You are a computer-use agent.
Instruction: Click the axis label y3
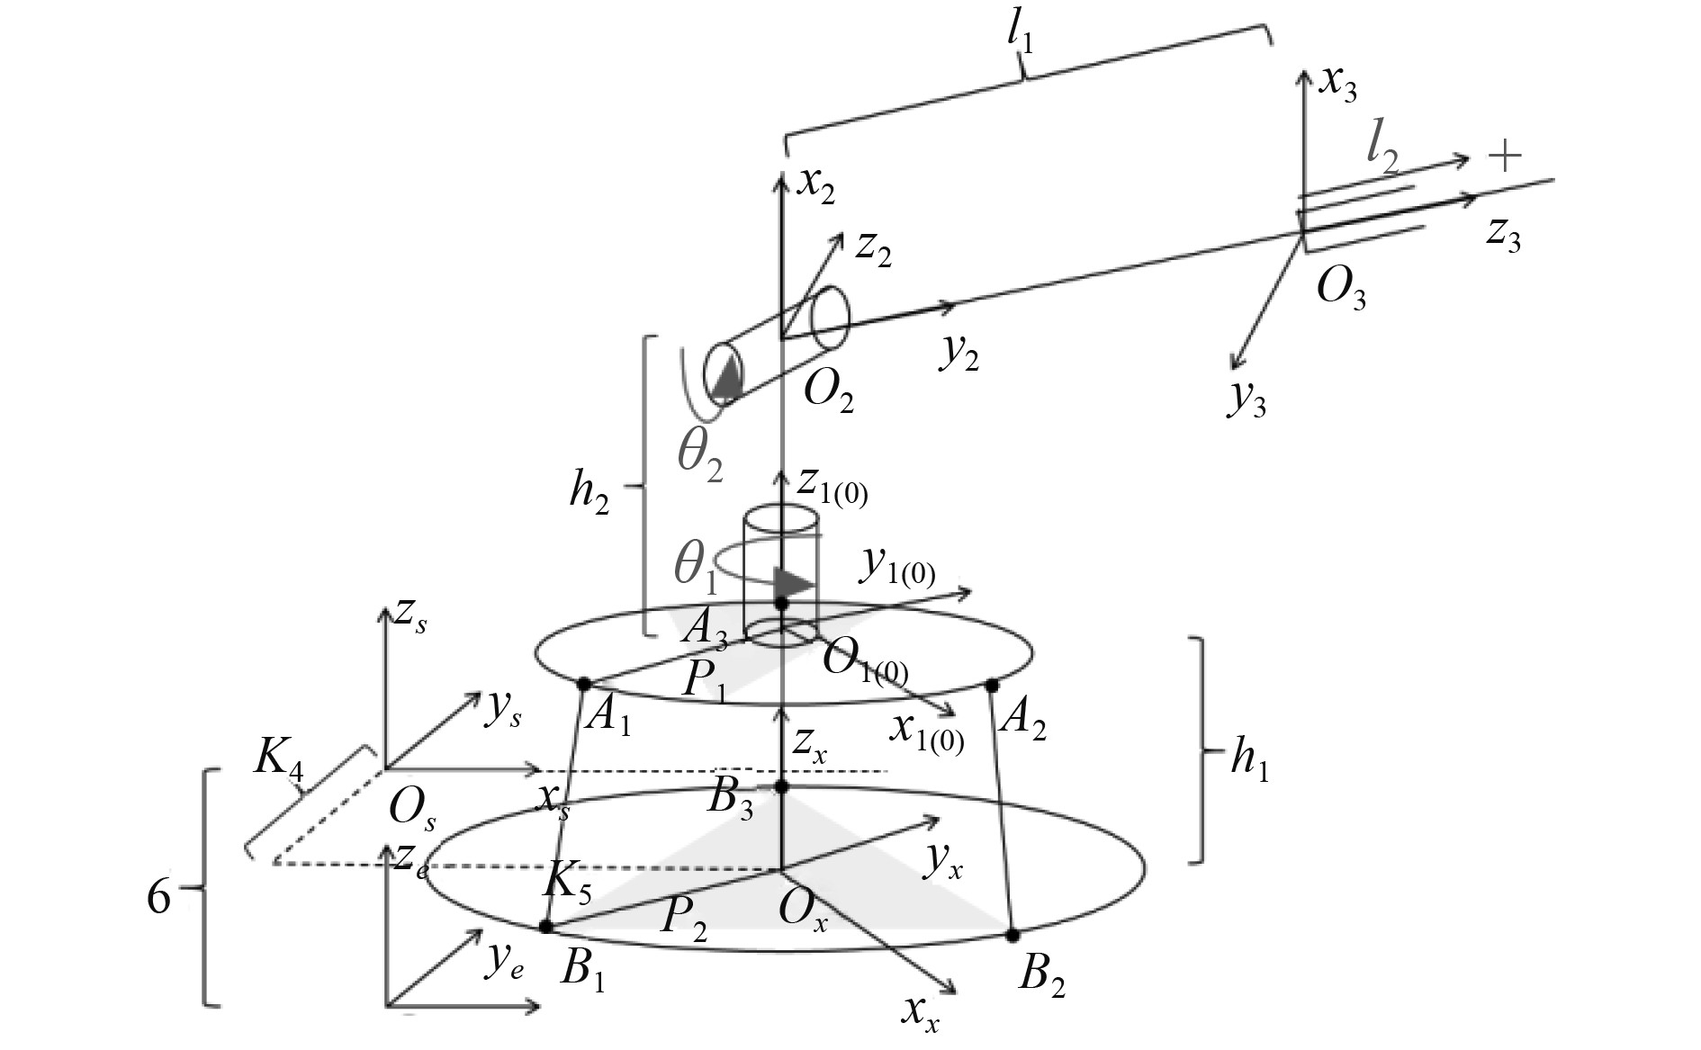[1246, 399]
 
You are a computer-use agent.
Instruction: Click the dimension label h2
[589, 492]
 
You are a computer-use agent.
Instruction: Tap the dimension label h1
[1249, 763]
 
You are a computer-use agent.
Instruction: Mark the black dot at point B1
[545, 926]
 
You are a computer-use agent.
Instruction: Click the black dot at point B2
[1012, 936]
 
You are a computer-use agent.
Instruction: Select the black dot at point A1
[582, 684]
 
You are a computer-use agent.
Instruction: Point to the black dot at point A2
[992, 686]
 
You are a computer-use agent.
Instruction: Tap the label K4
[278, 758]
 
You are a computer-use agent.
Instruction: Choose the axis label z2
[872, 248]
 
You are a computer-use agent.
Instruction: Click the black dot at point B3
[781, 787]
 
